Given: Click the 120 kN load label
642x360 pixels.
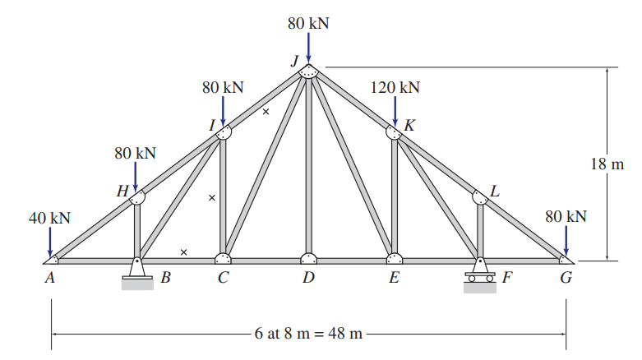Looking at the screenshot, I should (395, 87).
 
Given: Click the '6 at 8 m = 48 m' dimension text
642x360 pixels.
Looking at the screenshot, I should (308, 335).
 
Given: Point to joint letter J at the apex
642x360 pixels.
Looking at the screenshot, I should (293, 60).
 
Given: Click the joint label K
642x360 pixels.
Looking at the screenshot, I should (409, 126).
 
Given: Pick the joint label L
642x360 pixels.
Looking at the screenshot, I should (494, 192).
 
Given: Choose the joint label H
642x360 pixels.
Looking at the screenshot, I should (122, 192).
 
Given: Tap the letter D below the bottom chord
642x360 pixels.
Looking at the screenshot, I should (307, 278).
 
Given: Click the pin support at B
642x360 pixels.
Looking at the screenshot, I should (137, 272).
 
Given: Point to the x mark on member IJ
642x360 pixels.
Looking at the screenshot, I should (266, 112).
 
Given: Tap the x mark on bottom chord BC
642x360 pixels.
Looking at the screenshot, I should (183, 252).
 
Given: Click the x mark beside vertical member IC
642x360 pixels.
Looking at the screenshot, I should (211, 197).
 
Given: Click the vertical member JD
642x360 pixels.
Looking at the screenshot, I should (308, 164).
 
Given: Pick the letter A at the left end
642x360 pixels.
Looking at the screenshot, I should (50, 278).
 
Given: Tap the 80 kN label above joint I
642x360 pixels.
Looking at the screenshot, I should (223, 87).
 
